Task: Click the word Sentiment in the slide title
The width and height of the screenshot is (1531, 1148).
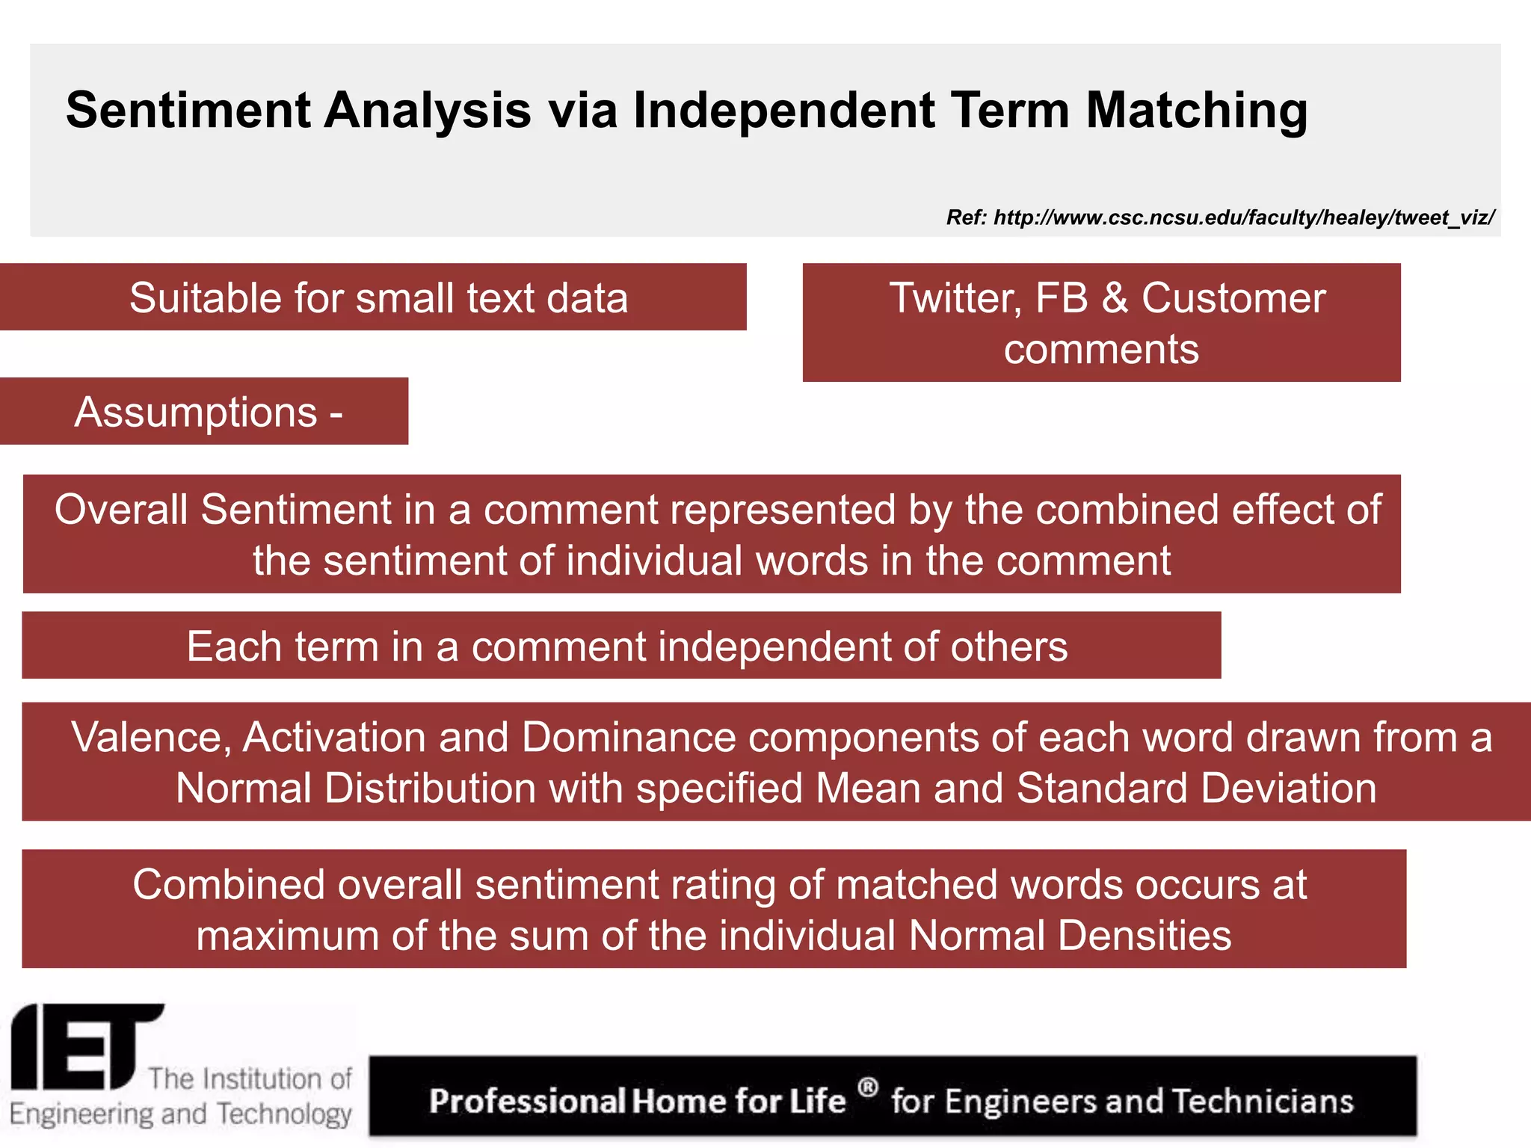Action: click(x=188, y=111)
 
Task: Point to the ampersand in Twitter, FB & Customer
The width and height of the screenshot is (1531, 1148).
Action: click(x=1115, y=298)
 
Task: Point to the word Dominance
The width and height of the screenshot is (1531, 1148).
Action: click(x=629, y=738)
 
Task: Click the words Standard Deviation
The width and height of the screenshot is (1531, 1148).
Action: click(x=1196, y=789)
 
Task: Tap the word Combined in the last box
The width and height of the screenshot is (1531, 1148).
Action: click(x=228, y=885)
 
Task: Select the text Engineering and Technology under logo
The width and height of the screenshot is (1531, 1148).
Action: click(x=180, y=1114)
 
